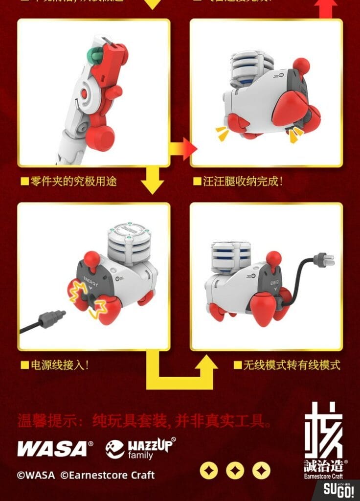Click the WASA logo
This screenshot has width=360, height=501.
click(x=55, y=448)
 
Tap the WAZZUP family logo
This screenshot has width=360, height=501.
click(x=140, y=448)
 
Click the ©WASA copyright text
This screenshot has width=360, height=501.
click(x=35, y=475)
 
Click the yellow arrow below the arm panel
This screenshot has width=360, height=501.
click(x=152, y=181)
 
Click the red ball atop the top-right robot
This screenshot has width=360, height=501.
click(x=301, y=65)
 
